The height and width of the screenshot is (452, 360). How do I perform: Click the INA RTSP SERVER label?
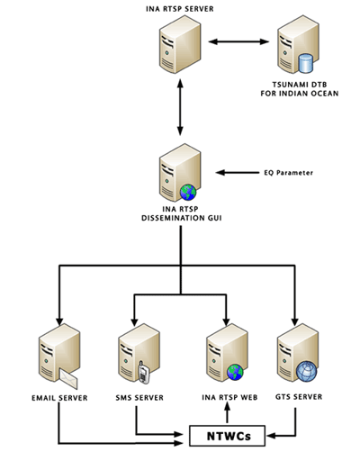click(180, 9)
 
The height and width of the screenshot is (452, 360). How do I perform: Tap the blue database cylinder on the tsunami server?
click(306, 63)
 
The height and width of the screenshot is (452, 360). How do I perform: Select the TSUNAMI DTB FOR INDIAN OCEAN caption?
click(300, 89)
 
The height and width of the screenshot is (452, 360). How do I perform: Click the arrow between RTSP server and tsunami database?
click(238, 41)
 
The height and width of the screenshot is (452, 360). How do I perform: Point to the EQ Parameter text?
click(289, 173)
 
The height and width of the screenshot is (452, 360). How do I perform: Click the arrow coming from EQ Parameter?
click(238, 173)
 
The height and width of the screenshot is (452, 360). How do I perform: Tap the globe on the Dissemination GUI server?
click(188, 193)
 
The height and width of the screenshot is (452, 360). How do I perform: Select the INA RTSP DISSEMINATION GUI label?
click(182, 213)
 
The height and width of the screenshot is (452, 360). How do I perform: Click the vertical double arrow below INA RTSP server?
click(180, 107)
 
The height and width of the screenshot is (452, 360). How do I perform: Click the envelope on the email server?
click(68, 378)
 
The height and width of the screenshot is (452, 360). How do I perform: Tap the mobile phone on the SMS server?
click(144, 373)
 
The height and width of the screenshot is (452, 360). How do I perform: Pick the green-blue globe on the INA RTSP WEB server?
click(235, 372)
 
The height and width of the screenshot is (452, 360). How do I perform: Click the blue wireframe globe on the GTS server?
click(306, 371)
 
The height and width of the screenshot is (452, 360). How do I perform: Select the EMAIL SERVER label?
click(59, 398)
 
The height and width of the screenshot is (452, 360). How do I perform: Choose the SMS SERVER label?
click(139, 398)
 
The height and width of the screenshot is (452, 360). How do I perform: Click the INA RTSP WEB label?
click(229, 397)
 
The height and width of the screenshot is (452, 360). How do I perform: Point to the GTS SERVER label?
click(299, 397)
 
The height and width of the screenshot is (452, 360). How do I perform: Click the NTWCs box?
click(228, 436)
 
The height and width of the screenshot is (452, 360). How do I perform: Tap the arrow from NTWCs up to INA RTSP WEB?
click(227, 413)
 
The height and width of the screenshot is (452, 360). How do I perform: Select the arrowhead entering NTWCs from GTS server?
click(271, 436)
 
